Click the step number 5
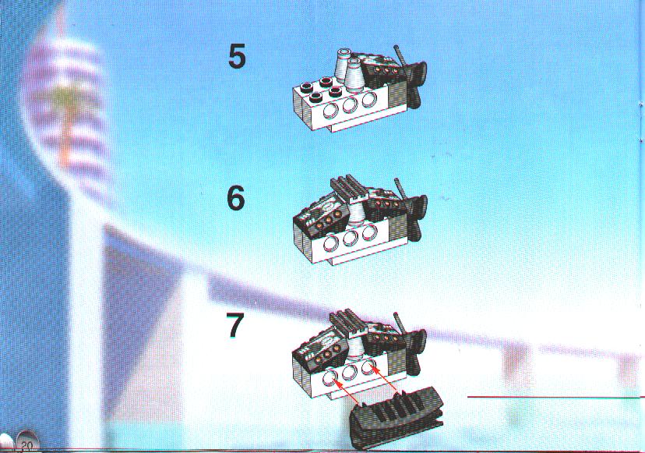(x=237, y=56)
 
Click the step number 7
(x=235, y=325)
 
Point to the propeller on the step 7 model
(x=413, y=345)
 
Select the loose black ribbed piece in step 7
(x=396, y=417)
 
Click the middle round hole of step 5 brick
(x=349, y=104)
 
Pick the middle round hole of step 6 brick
(x=349, y=238)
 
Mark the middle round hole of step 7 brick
(x=349, y=372)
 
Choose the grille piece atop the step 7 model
(x=350, y=322)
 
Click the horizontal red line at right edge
(x=556, y=398)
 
